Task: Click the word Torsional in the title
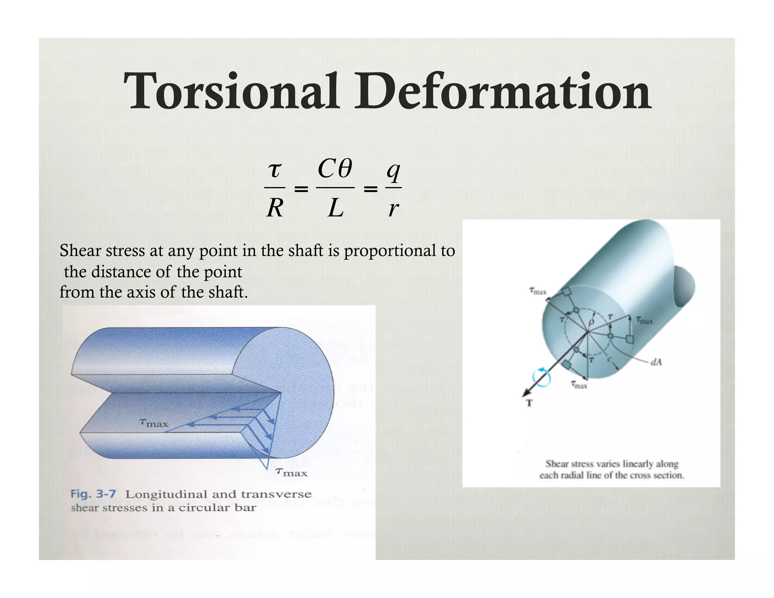pos(231,92)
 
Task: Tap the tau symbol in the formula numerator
pos(275,170)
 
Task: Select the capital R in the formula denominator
pos(275,208)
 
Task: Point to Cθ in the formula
pos(335,169)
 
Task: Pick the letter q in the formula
pos(393,172)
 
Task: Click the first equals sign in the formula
pos(301,189)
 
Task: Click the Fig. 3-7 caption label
pos(93,494)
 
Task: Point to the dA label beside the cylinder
pos(656,362)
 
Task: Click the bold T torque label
pos(529,403)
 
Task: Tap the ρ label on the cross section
pos(592,322)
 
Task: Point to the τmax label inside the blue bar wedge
pos(153,423)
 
